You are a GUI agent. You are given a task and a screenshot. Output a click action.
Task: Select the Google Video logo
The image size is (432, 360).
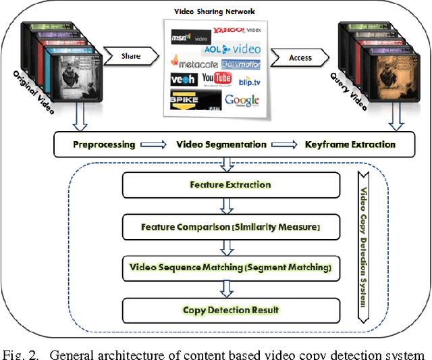242,102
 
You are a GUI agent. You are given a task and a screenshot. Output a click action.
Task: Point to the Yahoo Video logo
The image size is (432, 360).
236,30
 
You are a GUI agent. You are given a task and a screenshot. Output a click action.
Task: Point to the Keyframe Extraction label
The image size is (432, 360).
350,145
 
